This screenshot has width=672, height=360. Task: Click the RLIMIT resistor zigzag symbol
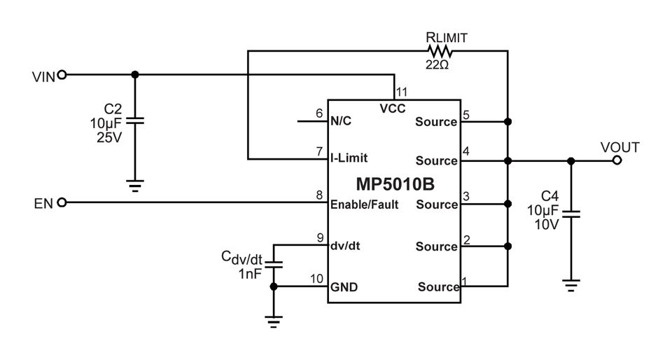click(x=440, y=51)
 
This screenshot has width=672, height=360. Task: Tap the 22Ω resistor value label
click(x=437, y=65)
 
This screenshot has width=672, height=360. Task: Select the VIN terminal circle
click(x=62, y=75)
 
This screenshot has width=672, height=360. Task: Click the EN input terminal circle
click(x=62, y=202)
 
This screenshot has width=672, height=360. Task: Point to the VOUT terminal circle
click(x=617, y=160)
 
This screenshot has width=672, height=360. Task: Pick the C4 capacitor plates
click(x=571, y=214)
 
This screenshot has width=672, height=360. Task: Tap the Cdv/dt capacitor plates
click(x=274, y=263)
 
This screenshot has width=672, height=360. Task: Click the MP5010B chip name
click(x=395, y=184)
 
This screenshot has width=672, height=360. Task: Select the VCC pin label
click(x=393, y=109)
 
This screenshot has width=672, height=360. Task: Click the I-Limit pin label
click(x=349, y=158)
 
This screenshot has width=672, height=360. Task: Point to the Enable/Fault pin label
click(x=364, y=205)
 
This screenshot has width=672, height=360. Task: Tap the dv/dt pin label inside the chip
click(x=345, y=246)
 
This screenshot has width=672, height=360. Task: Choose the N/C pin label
click(x=341, y=121)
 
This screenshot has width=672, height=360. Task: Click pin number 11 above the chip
click(x=402, y=92)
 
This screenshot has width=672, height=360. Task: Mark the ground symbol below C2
click(x=135, y=186)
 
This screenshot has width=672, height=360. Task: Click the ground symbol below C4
click(x=571, y=286)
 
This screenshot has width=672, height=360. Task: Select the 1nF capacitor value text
click(x=250, y=273)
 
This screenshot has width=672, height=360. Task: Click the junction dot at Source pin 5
click(x=508, y=122)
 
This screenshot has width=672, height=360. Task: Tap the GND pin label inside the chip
click(x=344, y=286)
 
